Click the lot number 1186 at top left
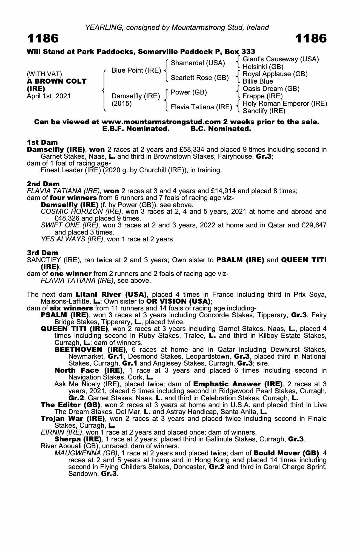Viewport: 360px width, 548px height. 43,39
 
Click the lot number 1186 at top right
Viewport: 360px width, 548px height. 311,39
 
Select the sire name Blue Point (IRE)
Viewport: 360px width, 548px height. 136,70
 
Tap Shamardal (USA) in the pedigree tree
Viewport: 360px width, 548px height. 198,63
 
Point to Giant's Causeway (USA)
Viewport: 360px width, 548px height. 281,59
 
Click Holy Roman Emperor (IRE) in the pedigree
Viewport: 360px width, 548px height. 285,104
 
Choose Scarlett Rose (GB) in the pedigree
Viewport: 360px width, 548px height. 200,78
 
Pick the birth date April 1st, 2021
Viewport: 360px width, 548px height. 49,96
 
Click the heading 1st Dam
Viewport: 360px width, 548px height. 42,142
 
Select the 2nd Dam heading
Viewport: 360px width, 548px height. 43,184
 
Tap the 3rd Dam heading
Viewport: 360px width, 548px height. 42,253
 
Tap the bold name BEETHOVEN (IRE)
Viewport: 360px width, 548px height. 90,350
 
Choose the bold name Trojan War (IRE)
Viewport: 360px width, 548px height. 73,419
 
